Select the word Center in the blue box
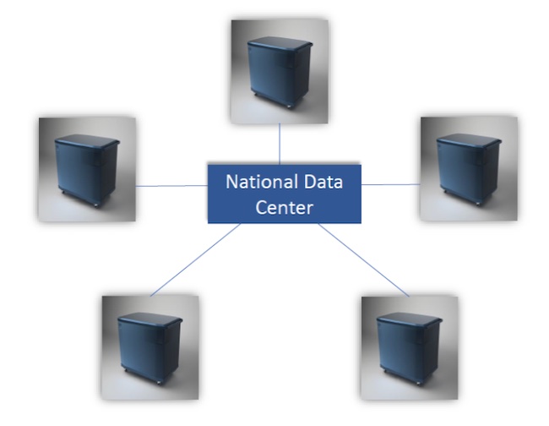point(285,206)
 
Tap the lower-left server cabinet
point(149,347)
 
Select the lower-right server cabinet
point(410,347)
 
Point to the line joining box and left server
point(172,185)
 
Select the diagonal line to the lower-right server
point(364,259)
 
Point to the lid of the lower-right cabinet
point(409,320)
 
